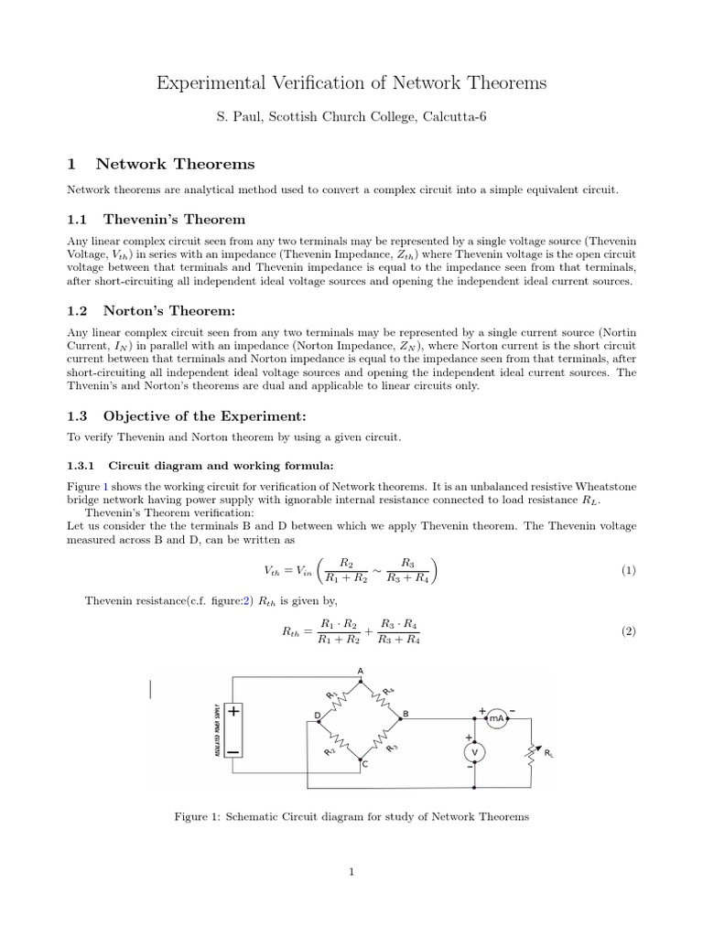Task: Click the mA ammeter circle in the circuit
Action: coord(496,718)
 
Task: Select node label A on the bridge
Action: coord(360,671)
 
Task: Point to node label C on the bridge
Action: coord(364,763)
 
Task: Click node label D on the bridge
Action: coord(318,715)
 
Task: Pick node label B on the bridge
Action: coord(406,713)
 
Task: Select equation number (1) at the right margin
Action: coord(628,570)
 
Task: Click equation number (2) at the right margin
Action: coord(628,631)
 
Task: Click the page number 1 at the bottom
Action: coord(351,872)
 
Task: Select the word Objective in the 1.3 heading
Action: coord(138,415)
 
